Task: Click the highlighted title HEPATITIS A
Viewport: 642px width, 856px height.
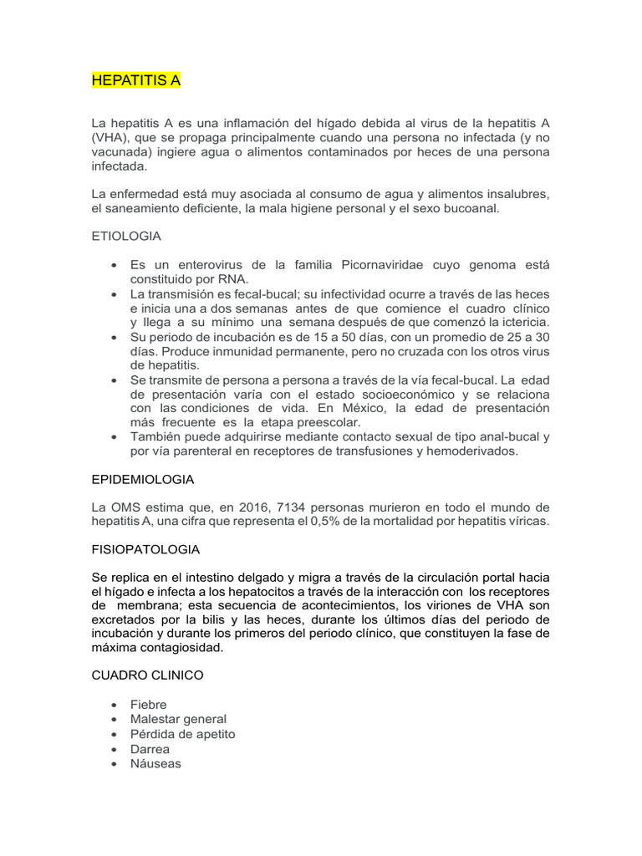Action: coord(135,81)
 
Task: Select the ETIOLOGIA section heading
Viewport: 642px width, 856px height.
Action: coord(125,237)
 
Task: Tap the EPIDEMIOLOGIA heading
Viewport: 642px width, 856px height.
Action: coord(142,479)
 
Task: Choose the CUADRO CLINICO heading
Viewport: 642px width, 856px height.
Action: coord(147,675)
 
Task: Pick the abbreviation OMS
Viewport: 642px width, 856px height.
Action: coord(124,507)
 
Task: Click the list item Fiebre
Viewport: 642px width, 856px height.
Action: coord(148,705)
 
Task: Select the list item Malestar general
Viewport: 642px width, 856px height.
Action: coord(178,719)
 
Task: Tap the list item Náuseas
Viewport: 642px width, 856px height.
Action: coord(155,763)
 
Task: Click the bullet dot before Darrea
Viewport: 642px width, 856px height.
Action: coord(114,749)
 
